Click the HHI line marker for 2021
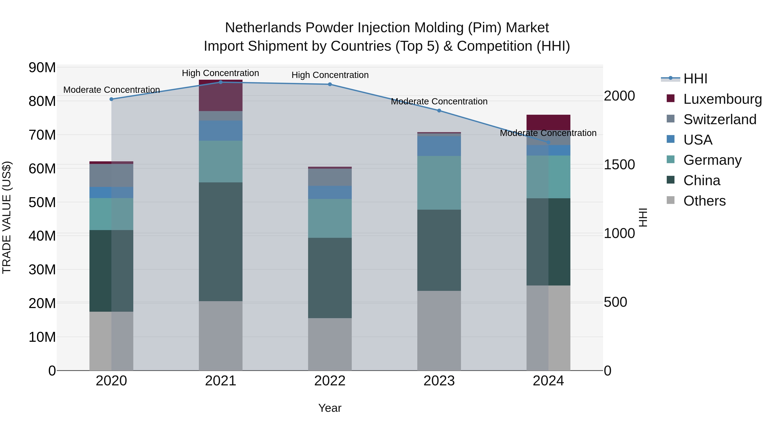pos(221,82)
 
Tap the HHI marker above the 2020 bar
pos(111,99)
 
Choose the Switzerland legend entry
pos(720,119)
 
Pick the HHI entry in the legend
pos(695,79)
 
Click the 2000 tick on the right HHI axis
pos(619,96)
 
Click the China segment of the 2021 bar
pos(221,242)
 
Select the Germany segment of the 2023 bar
pos(439,183)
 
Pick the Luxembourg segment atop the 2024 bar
pos(548,122)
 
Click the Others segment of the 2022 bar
pos(330,344)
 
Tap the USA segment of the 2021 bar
pos(221,131)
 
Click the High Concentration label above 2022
pos(330,75)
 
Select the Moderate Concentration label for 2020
pos(111,90)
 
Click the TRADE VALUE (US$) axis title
pos(7,217)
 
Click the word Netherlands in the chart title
pos(263,28)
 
